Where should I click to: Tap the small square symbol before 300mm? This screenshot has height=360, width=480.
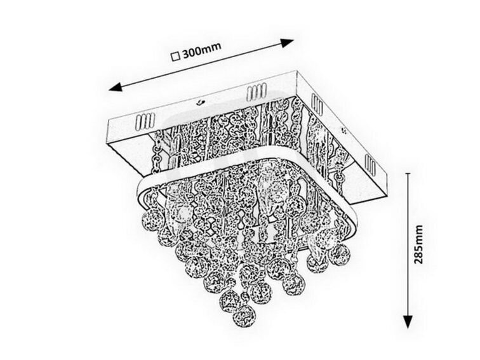(176, 57)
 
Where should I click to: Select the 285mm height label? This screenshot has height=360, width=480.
(418, 244)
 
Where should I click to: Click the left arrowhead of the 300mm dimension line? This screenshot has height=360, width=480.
(116, 87)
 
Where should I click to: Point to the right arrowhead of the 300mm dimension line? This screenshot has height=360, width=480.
(287, 43)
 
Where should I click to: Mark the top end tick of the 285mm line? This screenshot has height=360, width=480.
(408, 173)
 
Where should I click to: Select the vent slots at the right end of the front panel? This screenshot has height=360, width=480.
(256, 91)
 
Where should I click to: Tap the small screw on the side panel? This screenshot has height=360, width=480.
(343, 131)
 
